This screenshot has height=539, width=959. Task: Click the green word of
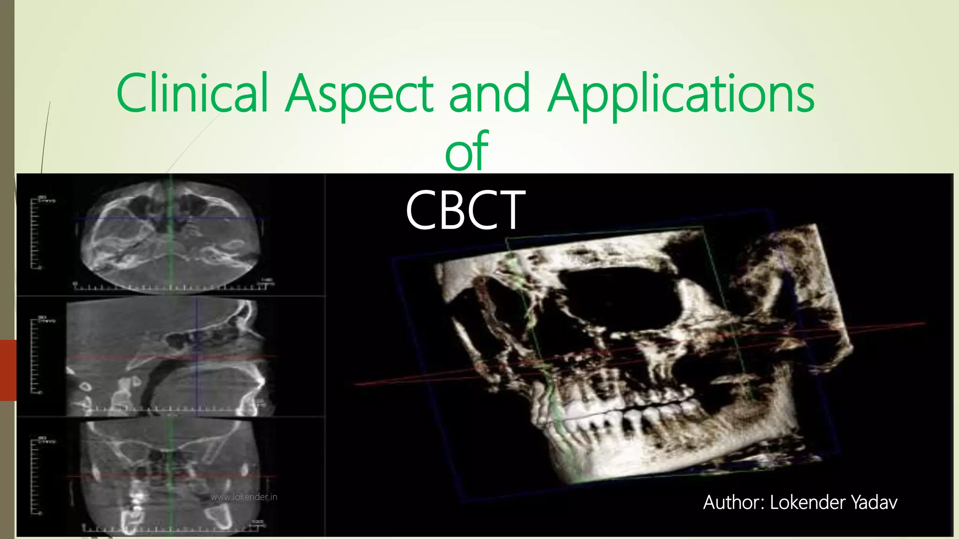[x=467, y=151]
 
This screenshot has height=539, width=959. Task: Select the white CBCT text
[x=465, y=210]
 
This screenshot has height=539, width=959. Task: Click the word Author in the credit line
[x=733, y=503]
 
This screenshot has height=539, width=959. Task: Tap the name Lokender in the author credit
[x=808, y=503]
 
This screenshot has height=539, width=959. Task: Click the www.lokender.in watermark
[x=244, y=497]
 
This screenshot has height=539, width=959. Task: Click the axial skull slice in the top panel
[x=171, y=236]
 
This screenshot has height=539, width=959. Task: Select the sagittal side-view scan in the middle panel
[x=169, y=358]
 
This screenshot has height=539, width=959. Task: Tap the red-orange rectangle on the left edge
[x=8, y=370]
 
